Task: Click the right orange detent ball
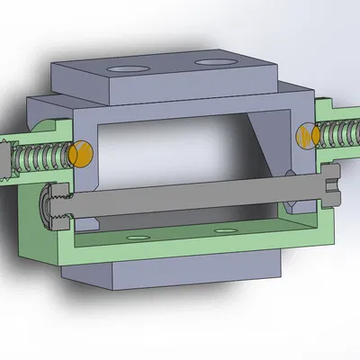coord(306,135)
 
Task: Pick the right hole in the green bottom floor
coord(221,232)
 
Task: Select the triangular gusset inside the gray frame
coord(270,144)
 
